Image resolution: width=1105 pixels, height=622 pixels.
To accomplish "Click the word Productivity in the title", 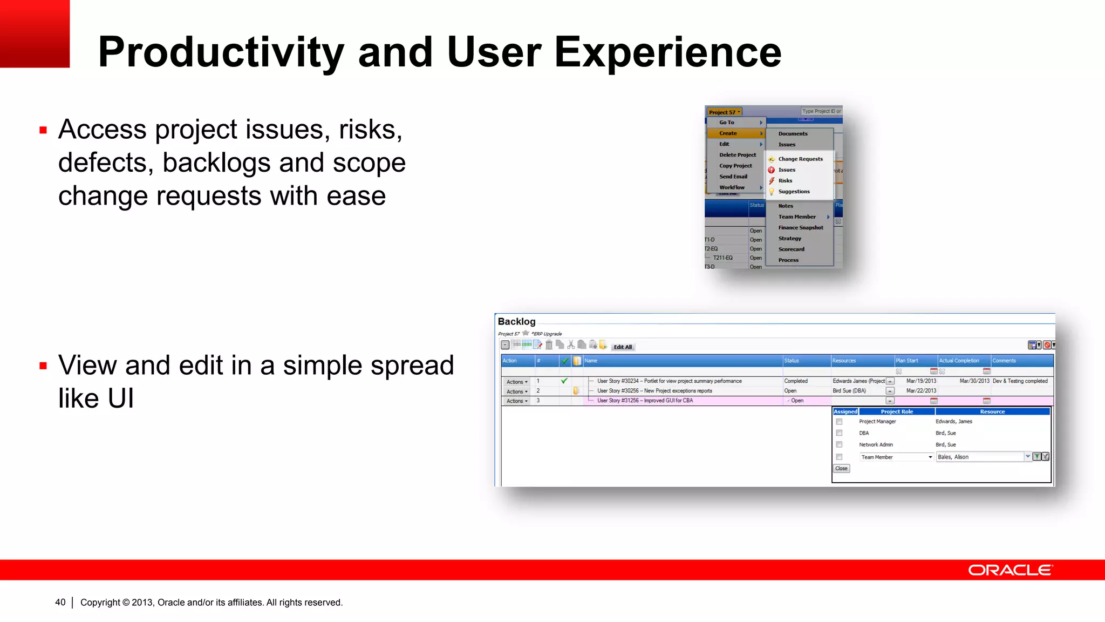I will tap(221, 52).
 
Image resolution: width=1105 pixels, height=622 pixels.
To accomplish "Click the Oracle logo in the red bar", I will tap(1009, 570).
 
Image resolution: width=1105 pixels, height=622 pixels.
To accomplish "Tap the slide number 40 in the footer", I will tap(60, 602).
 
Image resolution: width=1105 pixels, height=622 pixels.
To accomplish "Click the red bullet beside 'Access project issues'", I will tap(43, 130).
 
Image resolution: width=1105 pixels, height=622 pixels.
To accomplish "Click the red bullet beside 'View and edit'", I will tap(43, 366).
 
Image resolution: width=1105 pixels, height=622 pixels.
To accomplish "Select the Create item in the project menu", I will tap(728, 133).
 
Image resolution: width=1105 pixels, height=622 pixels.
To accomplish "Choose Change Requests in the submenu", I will tap(800, 159).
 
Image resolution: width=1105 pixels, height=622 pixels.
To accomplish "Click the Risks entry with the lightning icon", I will tap(785, 181).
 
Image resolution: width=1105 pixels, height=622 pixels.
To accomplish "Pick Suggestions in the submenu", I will tap(794, 192).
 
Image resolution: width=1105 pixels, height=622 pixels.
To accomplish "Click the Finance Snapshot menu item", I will tap(801, 228).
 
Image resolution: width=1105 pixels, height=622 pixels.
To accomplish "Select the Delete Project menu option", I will tap(737, 155).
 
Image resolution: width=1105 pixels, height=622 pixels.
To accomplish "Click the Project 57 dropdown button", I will tap(724, 112).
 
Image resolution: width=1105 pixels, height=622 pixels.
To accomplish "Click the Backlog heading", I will tap(516, 322).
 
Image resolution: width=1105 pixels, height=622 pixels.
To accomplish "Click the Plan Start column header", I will tap(907, 361).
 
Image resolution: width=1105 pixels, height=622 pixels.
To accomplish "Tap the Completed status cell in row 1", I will tap(796, 381).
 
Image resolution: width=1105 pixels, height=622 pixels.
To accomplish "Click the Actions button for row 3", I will tap(516, 401).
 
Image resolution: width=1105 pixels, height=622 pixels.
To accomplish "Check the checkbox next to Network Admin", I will tap(839, 445).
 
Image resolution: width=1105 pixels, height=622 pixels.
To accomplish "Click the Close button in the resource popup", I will tap(841, 469).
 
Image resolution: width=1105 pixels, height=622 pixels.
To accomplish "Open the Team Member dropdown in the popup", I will tap(930, 457).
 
